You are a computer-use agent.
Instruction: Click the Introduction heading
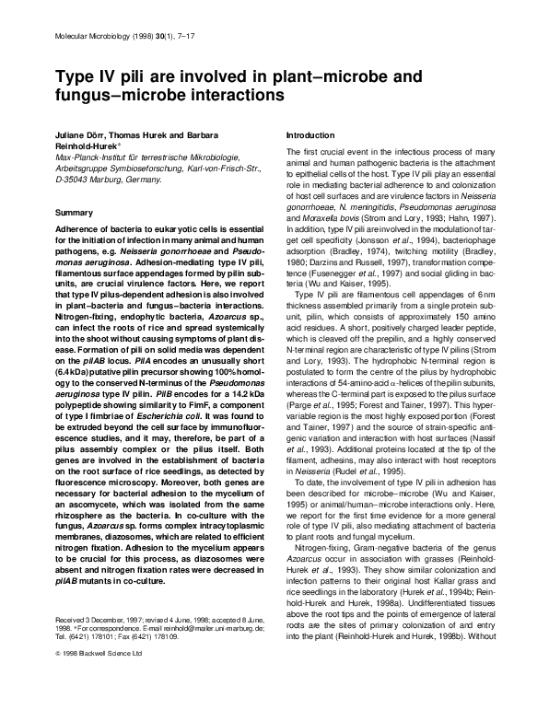(312, 134)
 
